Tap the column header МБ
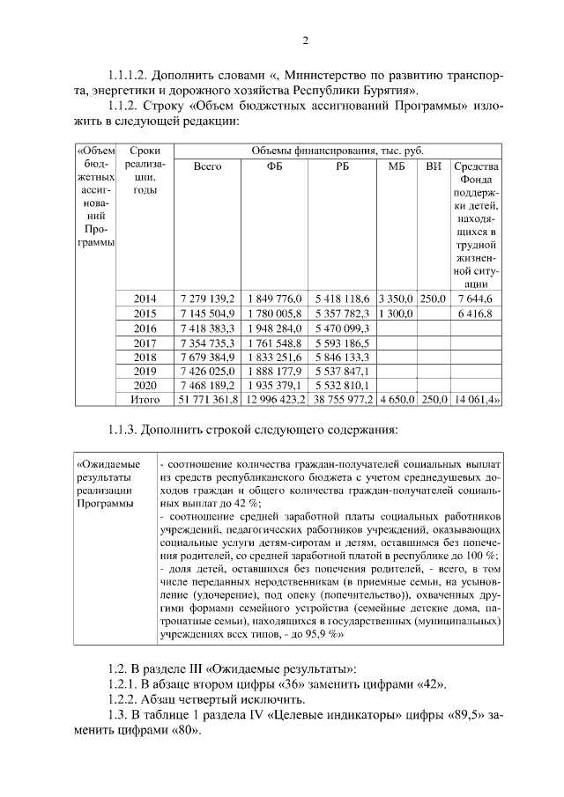click(396, 166)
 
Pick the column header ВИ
click(432, 166)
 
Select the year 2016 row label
click(144, 328)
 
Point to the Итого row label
click(144, 400)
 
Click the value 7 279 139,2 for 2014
click(207, 299)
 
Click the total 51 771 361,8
click(207, 400)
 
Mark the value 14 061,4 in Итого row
click(475, 400)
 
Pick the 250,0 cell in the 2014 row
click(432, 299)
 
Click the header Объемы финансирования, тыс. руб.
click(342, 151)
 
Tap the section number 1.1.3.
click(123, 430)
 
